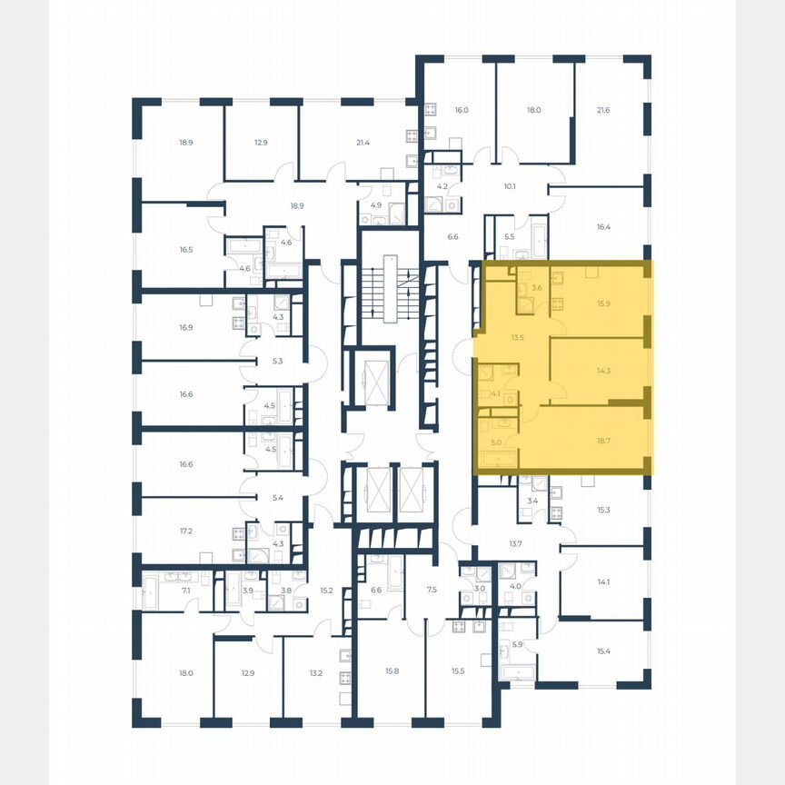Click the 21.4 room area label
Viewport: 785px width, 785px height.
363,143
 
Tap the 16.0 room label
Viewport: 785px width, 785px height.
461,110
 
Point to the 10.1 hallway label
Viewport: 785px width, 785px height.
510,187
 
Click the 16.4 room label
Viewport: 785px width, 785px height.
604,227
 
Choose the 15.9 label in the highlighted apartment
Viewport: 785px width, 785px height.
602,303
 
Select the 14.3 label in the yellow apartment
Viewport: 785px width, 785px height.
602,371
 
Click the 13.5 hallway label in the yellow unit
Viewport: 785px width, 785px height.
518,335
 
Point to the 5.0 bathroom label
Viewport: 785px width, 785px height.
495,442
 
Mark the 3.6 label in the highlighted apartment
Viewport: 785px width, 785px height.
537,288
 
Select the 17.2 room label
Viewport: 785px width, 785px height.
185,529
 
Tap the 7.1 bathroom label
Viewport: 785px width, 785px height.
185,590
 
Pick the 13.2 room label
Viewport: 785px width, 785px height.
315,673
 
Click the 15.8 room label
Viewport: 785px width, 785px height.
392,671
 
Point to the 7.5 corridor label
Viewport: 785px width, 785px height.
432,590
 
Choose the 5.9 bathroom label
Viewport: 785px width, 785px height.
518,645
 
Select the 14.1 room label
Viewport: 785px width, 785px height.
602,583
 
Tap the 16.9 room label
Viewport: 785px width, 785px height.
185,327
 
